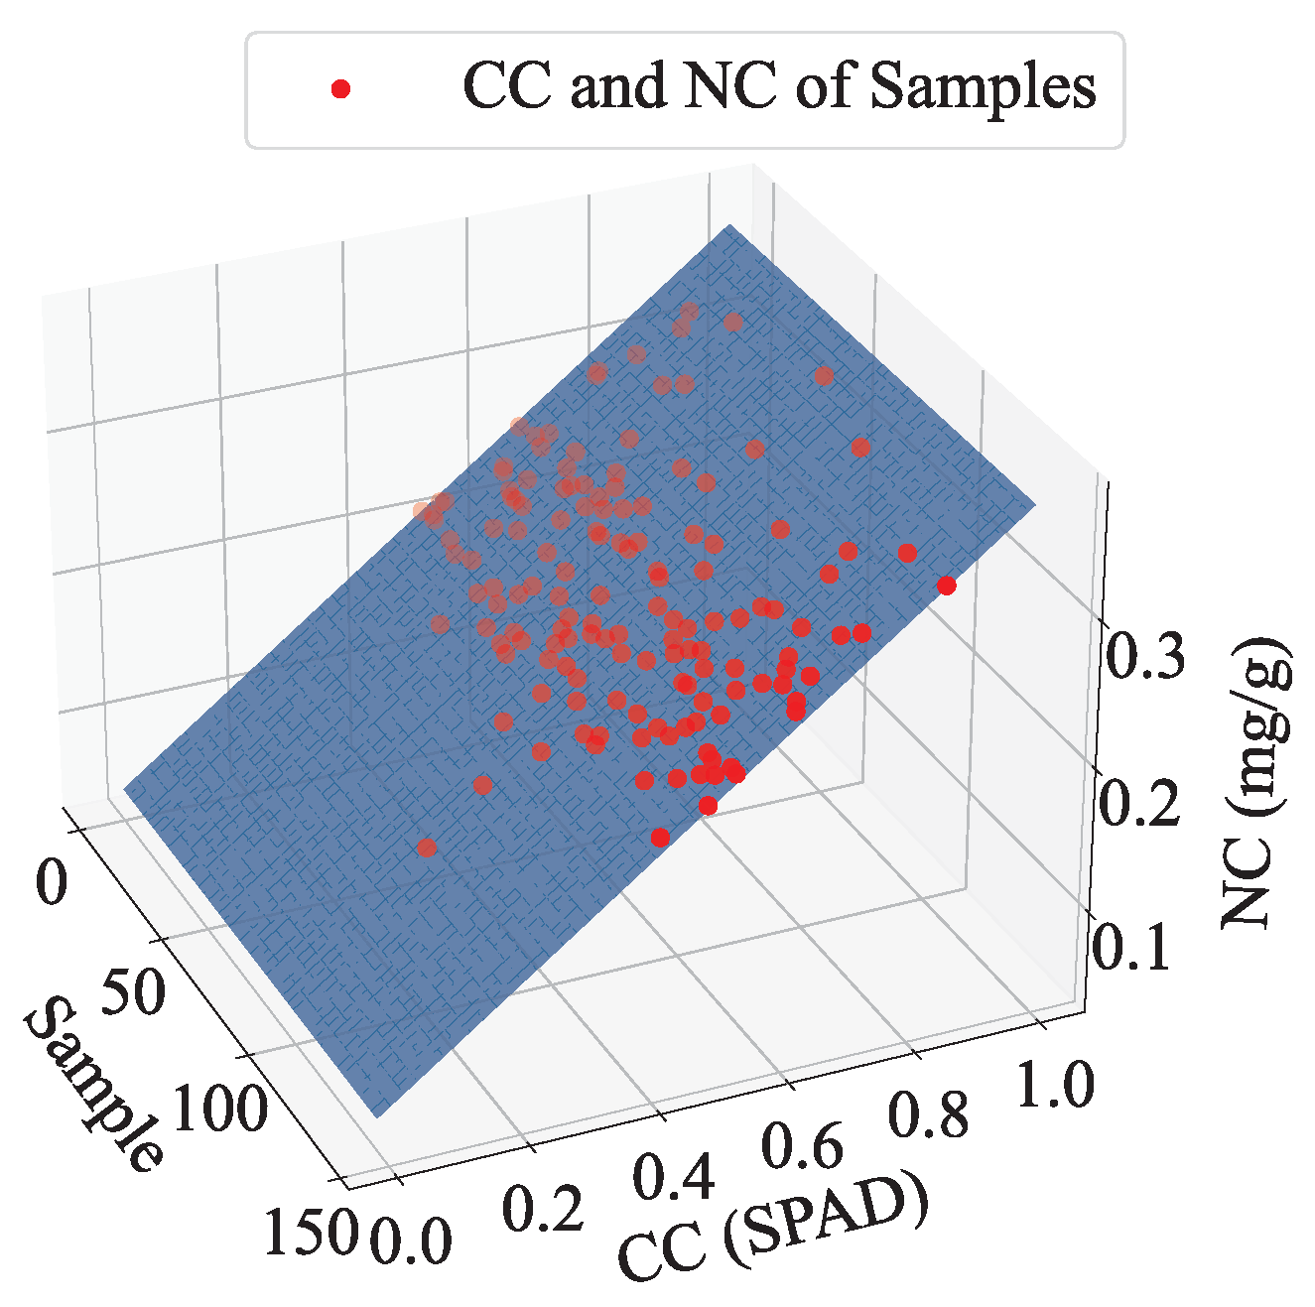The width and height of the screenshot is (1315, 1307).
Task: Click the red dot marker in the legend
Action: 340,89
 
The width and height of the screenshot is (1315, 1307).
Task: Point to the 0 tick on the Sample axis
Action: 51,881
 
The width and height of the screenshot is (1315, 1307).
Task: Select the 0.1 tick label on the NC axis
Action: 1131,947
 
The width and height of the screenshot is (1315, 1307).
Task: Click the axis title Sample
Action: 94,1086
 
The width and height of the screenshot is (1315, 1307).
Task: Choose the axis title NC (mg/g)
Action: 1259,784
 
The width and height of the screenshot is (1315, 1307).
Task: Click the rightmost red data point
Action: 946,586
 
